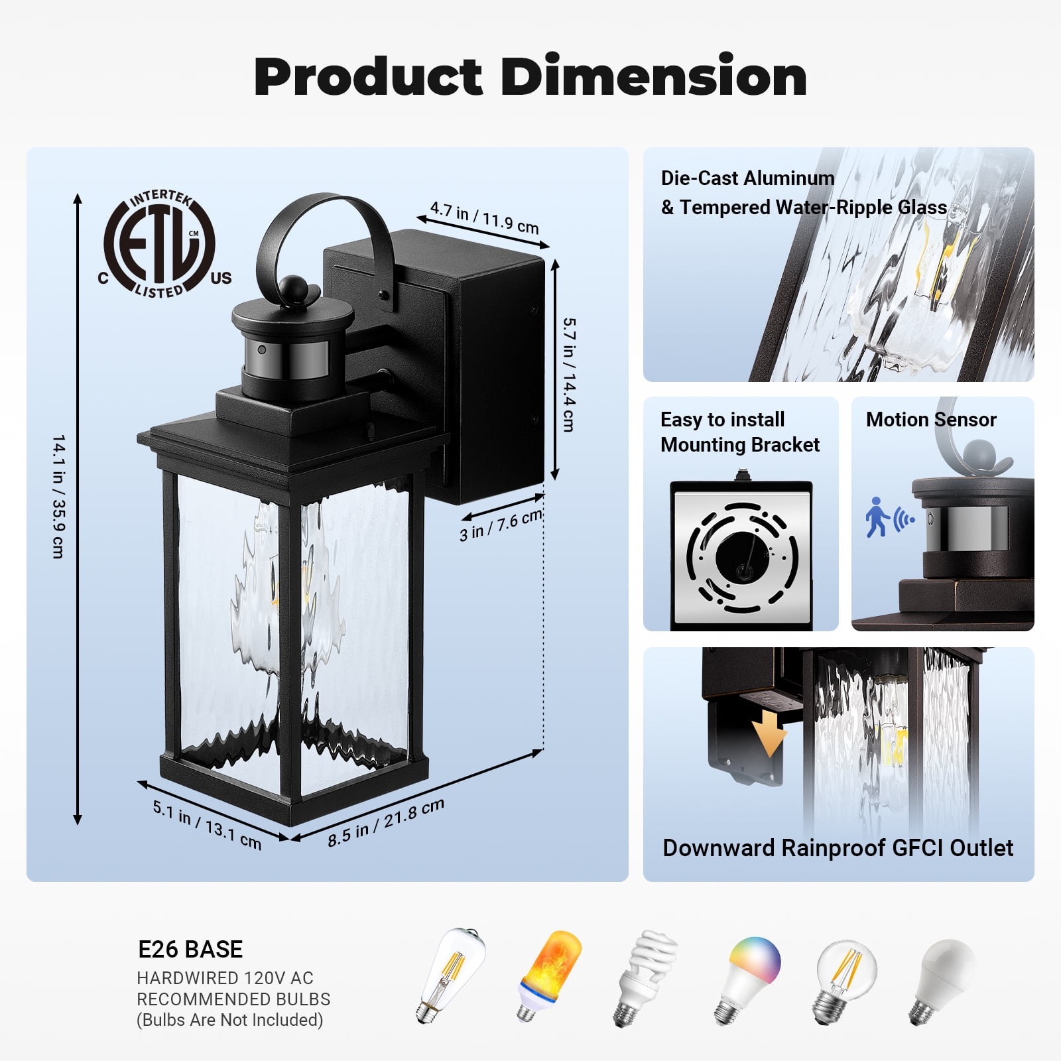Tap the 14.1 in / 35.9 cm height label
pyautogui.click(x=58, y=497)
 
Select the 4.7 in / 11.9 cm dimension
pyautogui.click(x=485, y=217)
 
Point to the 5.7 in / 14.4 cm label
pyautogui.click(x=568, y=375)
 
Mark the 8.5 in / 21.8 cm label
pyautogui.click(x=386, y=822)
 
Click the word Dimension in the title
pyautogui.click(x=653, y=77)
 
